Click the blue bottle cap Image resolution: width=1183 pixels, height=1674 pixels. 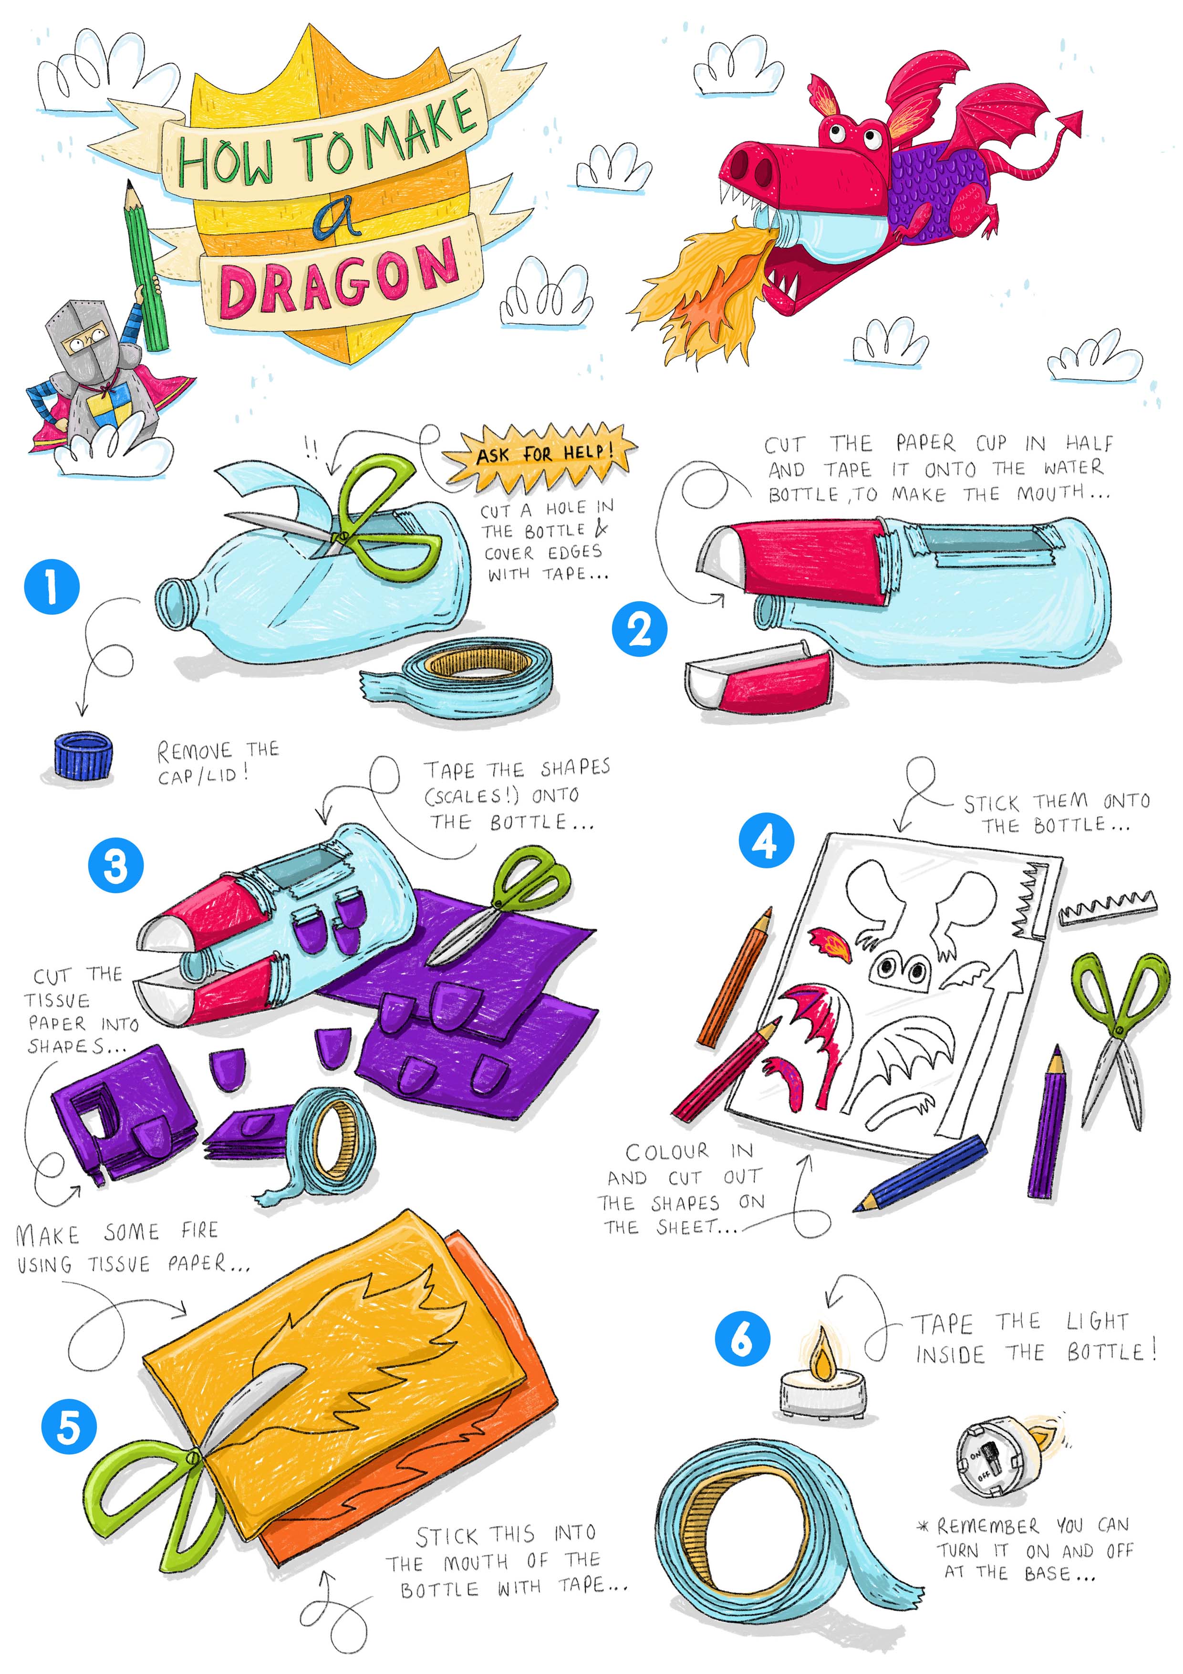(x=83, y=757)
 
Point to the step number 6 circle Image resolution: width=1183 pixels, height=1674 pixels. (x=742, y=1339)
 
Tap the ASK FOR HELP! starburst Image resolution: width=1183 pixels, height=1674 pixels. (x=540, y=456)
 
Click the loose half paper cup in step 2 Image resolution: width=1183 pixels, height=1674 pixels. (x=758, y=678)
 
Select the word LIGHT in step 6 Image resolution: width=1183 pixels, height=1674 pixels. (x=1098, y=1321)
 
